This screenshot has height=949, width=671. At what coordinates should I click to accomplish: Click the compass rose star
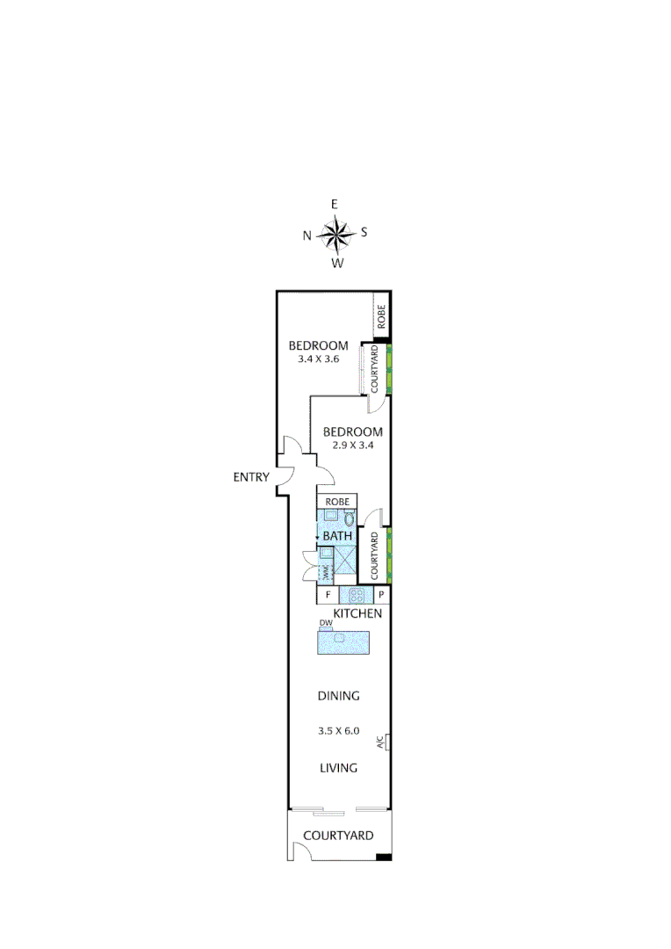335,234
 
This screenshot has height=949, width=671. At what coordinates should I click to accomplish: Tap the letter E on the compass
335,204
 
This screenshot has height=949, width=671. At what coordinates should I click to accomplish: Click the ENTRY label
251,477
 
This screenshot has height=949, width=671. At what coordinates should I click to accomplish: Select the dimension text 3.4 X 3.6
319,359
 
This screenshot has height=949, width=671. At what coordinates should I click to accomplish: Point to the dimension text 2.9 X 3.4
352,445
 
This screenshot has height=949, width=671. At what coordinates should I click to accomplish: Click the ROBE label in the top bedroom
381,316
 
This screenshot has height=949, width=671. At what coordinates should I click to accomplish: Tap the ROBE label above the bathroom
338,502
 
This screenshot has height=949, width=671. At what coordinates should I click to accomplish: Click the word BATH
337,536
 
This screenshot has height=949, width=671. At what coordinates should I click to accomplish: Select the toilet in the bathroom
349,518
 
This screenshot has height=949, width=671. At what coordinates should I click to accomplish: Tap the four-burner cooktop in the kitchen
357,594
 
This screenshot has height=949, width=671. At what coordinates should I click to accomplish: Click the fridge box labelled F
328,595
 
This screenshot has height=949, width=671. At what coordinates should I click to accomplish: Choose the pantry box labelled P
382,595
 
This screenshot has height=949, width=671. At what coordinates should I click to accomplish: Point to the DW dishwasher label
325,624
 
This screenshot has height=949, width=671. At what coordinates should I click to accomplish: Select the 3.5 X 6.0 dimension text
339,730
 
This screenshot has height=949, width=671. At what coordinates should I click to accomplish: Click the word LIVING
338,768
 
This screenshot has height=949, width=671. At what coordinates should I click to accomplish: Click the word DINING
339,696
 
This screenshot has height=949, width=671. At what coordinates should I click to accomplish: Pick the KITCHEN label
357,613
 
